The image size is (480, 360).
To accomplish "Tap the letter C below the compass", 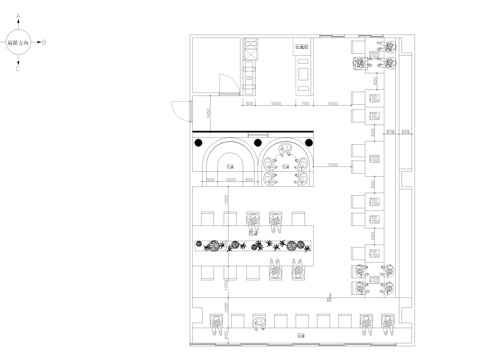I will pyautogui.click(x=19, y=69).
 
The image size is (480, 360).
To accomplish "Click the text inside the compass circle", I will pyautogui.click(x=19, y=43).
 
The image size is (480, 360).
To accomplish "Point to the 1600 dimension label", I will pyautogui.click(x=276, y=103).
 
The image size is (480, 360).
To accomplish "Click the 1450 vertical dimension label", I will pyautogui.click(x=207, y=112).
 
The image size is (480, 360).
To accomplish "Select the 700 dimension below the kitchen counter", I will pyautogui.click(x=305, y=103).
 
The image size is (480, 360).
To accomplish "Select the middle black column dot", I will pyautogui.click(x=257, y=143).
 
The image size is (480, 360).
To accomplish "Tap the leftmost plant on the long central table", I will pyautogui.click(x=213, y=245).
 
